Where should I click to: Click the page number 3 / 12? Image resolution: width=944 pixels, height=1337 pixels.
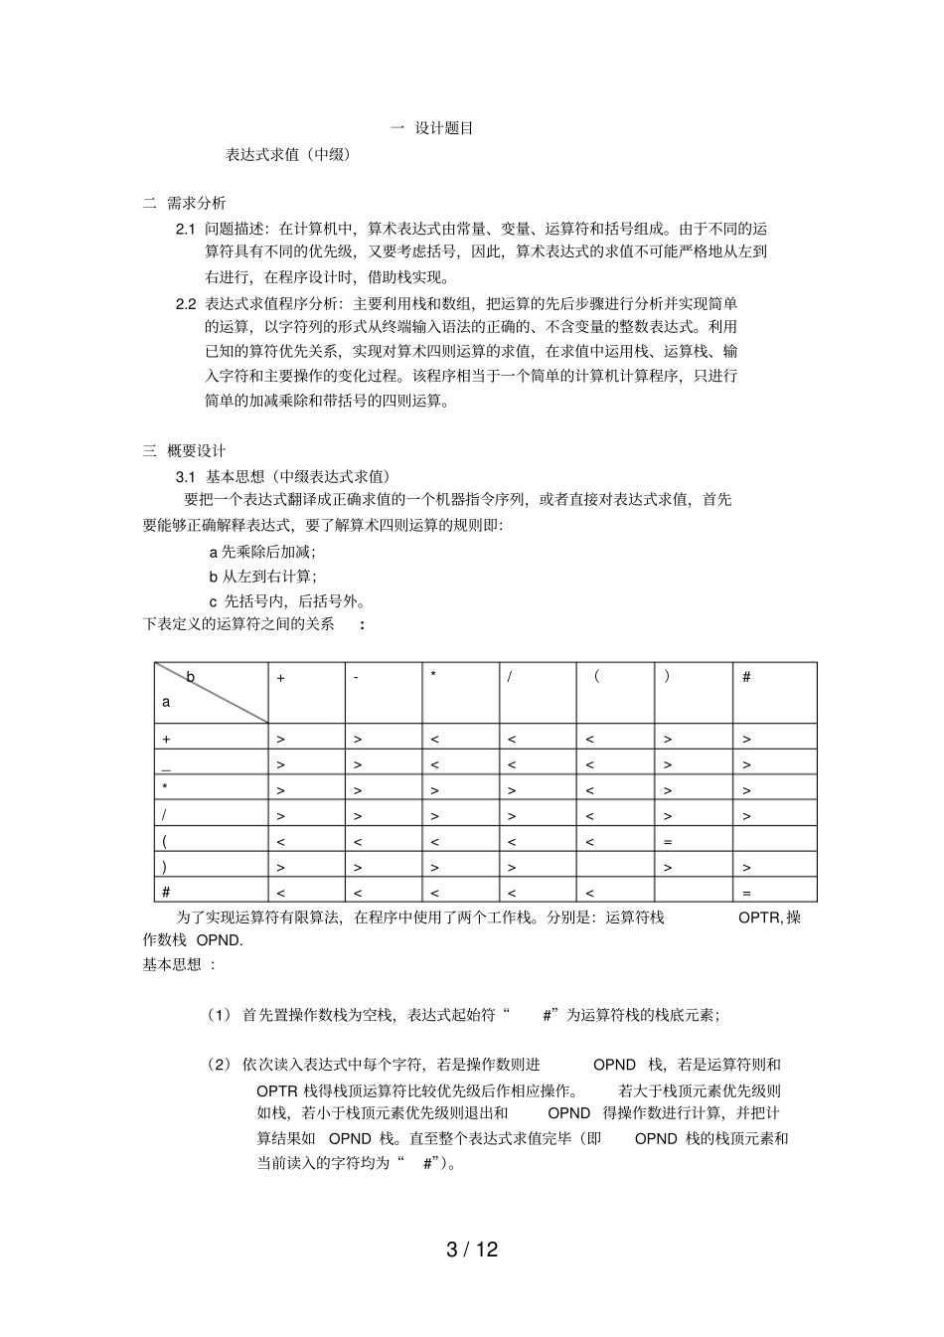click(471, 1250)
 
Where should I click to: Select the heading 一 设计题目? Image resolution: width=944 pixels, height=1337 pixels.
click(431, 128)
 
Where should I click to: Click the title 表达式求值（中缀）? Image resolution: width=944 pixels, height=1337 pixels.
click(288, 155)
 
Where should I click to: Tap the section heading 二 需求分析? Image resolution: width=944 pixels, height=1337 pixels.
click(185, 204)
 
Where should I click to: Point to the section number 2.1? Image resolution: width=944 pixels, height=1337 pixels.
click(185, 229)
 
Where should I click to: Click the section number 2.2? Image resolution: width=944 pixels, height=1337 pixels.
click(185, 303)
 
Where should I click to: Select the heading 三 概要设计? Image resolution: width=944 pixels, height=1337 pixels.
click(185, 450)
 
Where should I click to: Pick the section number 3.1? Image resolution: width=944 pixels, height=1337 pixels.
click(187, 475)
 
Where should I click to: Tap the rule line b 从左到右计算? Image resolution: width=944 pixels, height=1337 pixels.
click(262, 577)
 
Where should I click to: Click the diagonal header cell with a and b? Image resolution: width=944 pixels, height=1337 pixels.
click(211, 693)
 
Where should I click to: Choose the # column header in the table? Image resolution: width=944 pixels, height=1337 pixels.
click(747, 678)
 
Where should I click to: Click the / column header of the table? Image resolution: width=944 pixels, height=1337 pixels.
click(510, 678)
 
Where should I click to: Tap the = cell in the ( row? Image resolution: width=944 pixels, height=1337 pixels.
click(668, 842)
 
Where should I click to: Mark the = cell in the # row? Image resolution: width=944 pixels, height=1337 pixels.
click(747, 893)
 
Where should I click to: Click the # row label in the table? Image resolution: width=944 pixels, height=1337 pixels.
click(166, 893)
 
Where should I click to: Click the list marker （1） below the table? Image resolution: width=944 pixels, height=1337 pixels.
click(219, 1015)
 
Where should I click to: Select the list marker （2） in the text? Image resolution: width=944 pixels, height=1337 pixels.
click(219, 1065)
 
